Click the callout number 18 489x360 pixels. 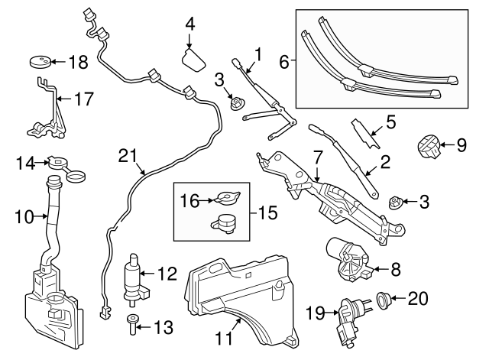pyautogui.click(x=79, y=62)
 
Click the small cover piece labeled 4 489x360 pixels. pyautogui.click(x=196, y=59)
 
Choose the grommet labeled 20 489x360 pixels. pyautogui.click(x=386, y=299)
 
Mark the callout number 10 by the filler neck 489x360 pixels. pyautogui.click(x=24, y=218)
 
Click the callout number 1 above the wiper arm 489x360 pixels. pyautogui.click(x=259, y=54)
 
